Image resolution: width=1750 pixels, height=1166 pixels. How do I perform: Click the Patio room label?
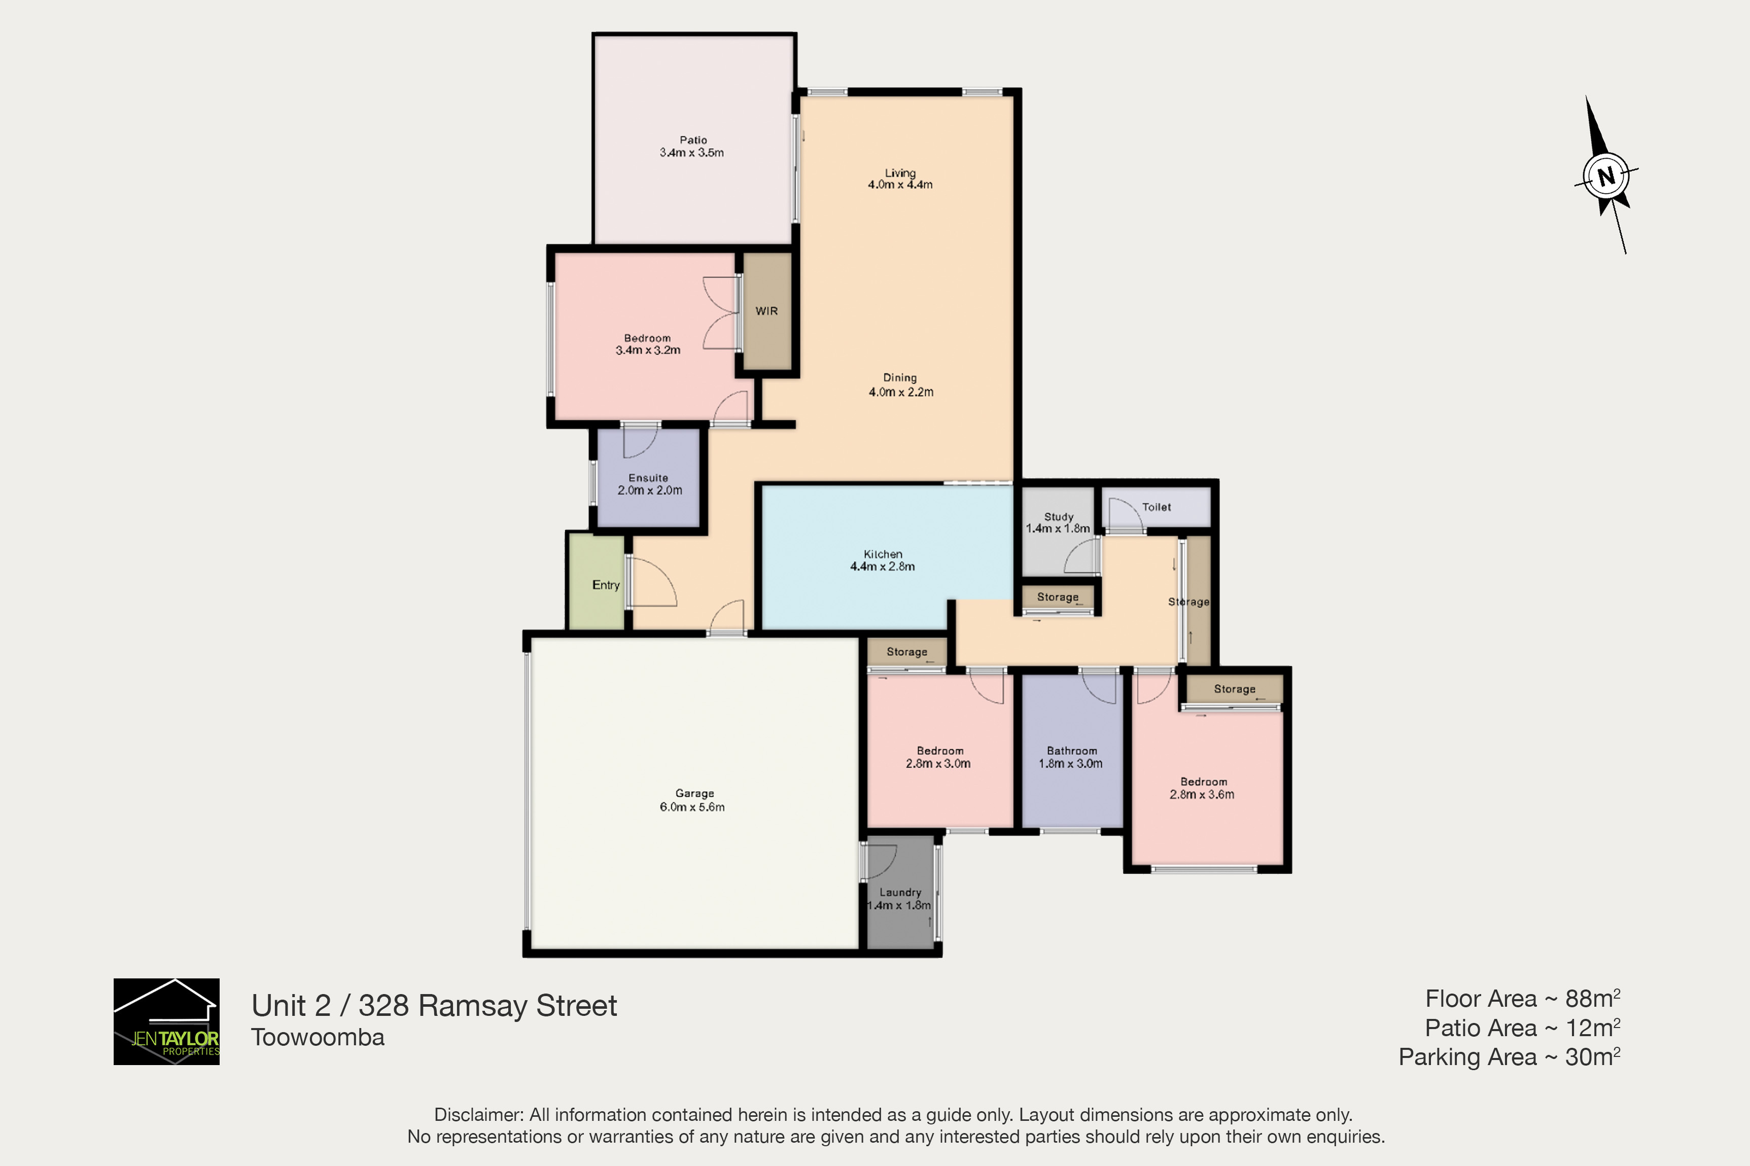click(x=692, y=146)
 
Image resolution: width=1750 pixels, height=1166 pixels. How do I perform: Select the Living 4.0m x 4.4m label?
click(x=900, y=179)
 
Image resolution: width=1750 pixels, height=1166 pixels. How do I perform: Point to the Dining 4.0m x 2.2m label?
click(x=901, y=384)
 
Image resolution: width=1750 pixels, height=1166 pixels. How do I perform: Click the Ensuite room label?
click(x=649, y=484)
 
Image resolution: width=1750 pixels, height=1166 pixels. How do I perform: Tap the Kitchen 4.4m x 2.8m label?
click(x=883, y=560)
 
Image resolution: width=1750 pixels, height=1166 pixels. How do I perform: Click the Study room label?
click(x=1058, y=522)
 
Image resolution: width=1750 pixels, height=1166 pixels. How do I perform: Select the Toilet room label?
click(x=1157, y=507)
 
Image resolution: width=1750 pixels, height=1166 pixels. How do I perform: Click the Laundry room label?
click(x=899, y=898)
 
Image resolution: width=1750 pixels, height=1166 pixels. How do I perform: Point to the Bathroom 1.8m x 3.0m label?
click(x=1071, y=757)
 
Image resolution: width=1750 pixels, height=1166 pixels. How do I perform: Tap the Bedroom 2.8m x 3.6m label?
click(x=1203, y=788)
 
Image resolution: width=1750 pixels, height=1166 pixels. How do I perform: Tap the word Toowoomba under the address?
click(x=318, y=1037)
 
